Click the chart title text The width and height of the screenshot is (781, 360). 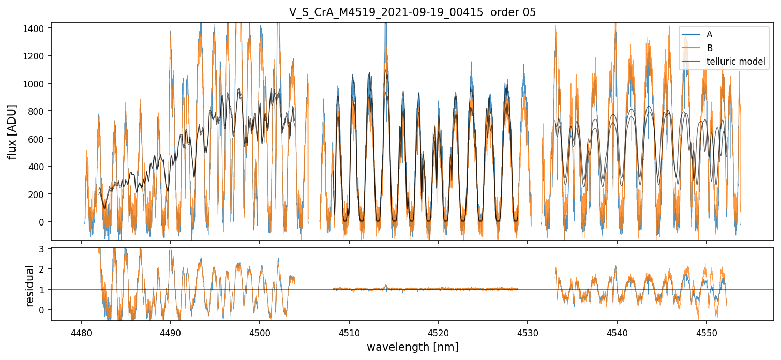point(412,12)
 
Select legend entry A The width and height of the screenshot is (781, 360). point(709,34)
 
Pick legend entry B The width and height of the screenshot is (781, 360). point(710,48)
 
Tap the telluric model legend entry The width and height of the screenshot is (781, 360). point(735,62)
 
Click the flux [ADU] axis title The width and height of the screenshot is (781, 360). point(12,132)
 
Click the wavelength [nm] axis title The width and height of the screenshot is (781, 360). point(412,347)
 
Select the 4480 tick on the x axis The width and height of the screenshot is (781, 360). point(81,333)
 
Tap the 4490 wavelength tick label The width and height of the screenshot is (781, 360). point(171,333)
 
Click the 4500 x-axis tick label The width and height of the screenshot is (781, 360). point(260,333)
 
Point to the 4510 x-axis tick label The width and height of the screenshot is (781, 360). point(349,333)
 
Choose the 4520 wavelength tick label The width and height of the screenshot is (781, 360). point(438,333)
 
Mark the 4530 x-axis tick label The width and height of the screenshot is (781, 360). point(528,333)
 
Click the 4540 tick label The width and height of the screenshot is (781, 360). point(617,333)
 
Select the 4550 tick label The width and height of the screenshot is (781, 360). point(707,333)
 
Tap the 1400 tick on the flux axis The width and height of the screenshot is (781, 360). point(34,28)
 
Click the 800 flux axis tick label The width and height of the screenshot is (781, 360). point(36,111)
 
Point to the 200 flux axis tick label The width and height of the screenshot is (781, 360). point(36,194)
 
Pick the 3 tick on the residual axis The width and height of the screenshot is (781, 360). point(41,249)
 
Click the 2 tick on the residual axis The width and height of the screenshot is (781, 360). point(41,269)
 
